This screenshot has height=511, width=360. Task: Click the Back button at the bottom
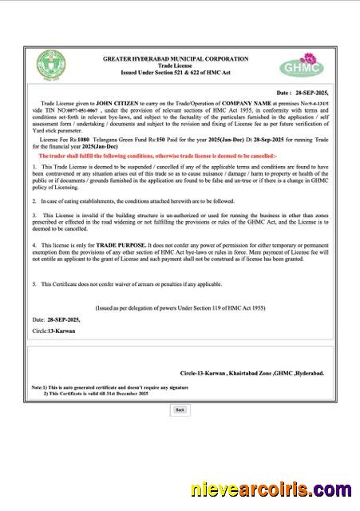pos(180,410)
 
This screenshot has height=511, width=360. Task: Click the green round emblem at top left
pos(50,65)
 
